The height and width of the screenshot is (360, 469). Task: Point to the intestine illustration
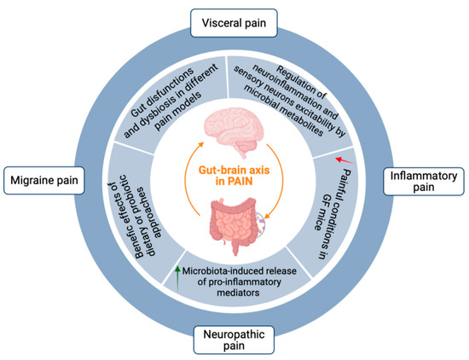click(x=233, y=225)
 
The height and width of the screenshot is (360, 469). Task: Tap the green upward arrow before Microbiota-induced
click(x=177, y=272)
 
